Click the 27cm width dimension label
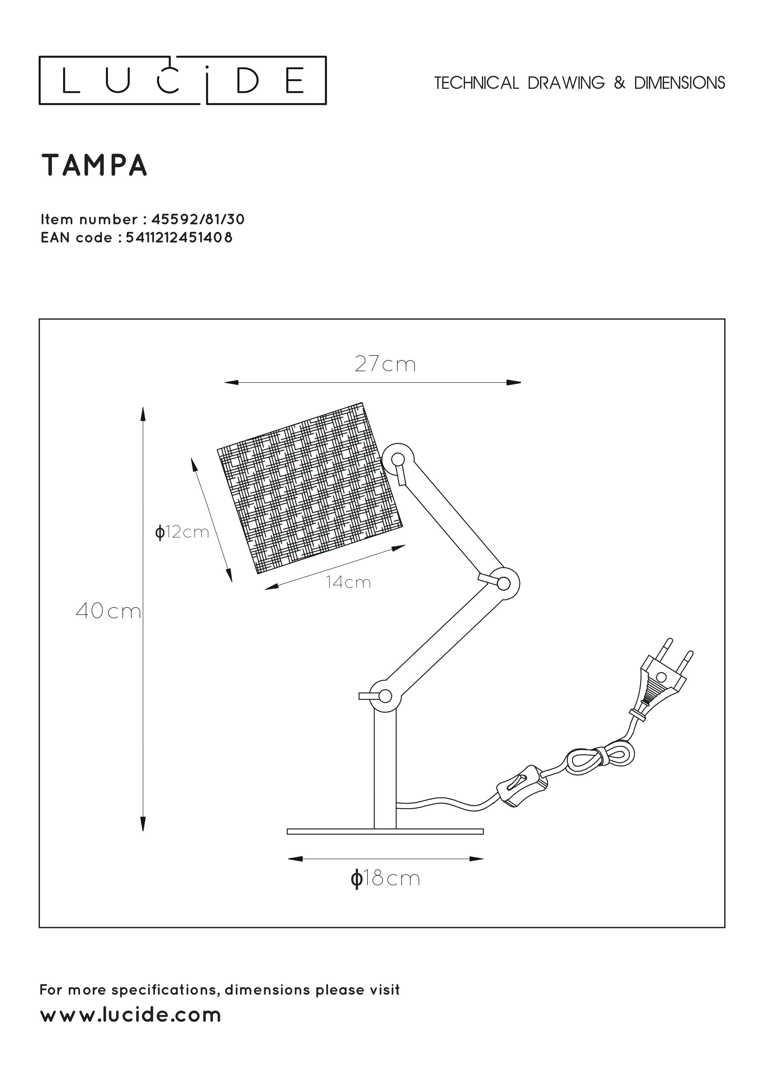click(x=385, y=365)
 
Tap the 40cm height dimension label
click(x=108, y=611)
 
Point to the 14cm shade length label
click(x=349, y=583)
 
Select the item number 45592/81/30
click(x=198, y=219)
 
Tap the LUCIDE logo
click(x=182, y=80)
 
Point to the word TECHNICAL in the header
click(x=476, y=83)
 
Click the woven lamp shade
click(x=310, y=488)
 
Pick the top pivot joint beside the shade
click(x=398, y=459)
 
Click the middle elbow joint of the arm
click(x=503, y=584)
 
